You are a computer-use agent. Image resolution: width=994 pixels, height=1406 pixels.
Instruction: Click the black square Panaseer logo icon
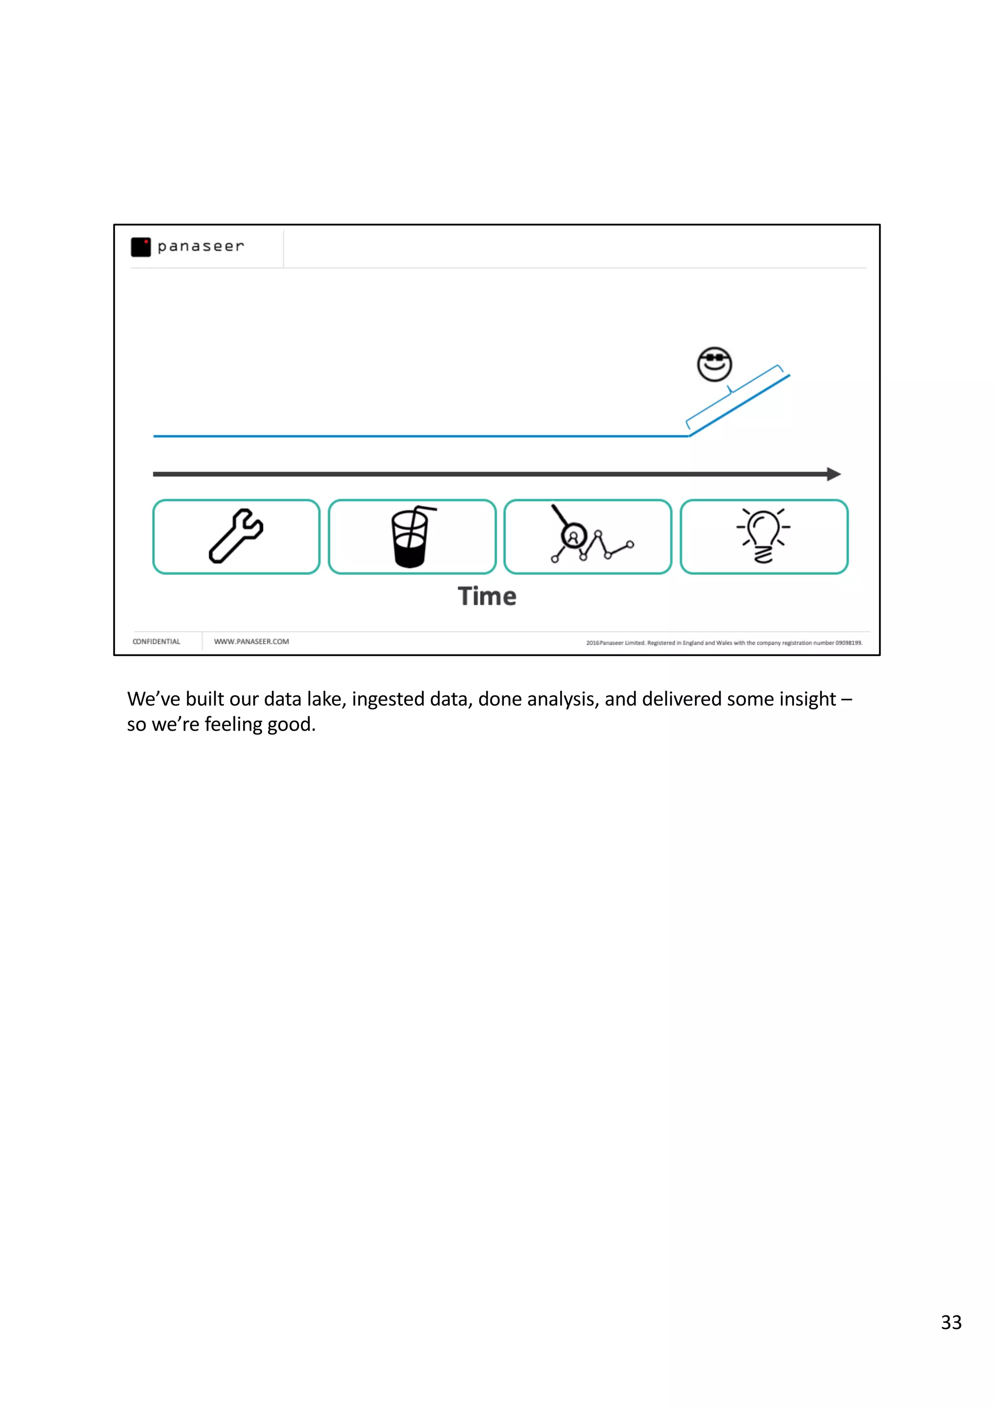(x=140, y=247)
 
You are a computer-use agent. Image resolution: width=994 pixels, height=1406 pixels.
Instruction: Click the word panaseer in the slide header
(x=200, y=246)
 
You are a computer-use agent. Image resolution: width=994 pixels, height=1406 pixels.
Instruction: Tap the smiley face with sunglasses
(x=714, y=364)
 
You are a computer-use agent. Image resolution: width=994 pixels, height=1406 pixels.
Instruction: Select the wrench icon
(x=236, y=536)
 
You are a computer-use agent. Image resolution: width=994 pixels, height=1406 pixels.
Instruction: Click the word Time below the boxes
(x=487, y=596)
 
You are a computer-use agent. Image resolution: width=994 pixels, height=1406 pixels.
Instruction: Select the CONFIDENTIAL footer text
(x=156, y=642)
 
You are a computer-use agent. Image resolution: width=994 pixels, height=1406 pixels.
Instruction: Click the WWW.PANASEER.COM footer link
(x=251, y=642)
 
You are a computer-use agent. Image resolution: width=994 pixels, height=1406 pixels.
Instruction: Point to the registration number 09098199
(x=848, y=643)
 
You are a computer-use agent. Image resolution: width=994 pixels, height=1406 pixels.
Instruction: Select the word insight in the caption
(x=807, y=699)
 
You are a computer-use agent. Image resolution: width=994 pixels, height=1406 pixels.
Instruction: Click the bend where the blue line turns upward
(x=690, y=436)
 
